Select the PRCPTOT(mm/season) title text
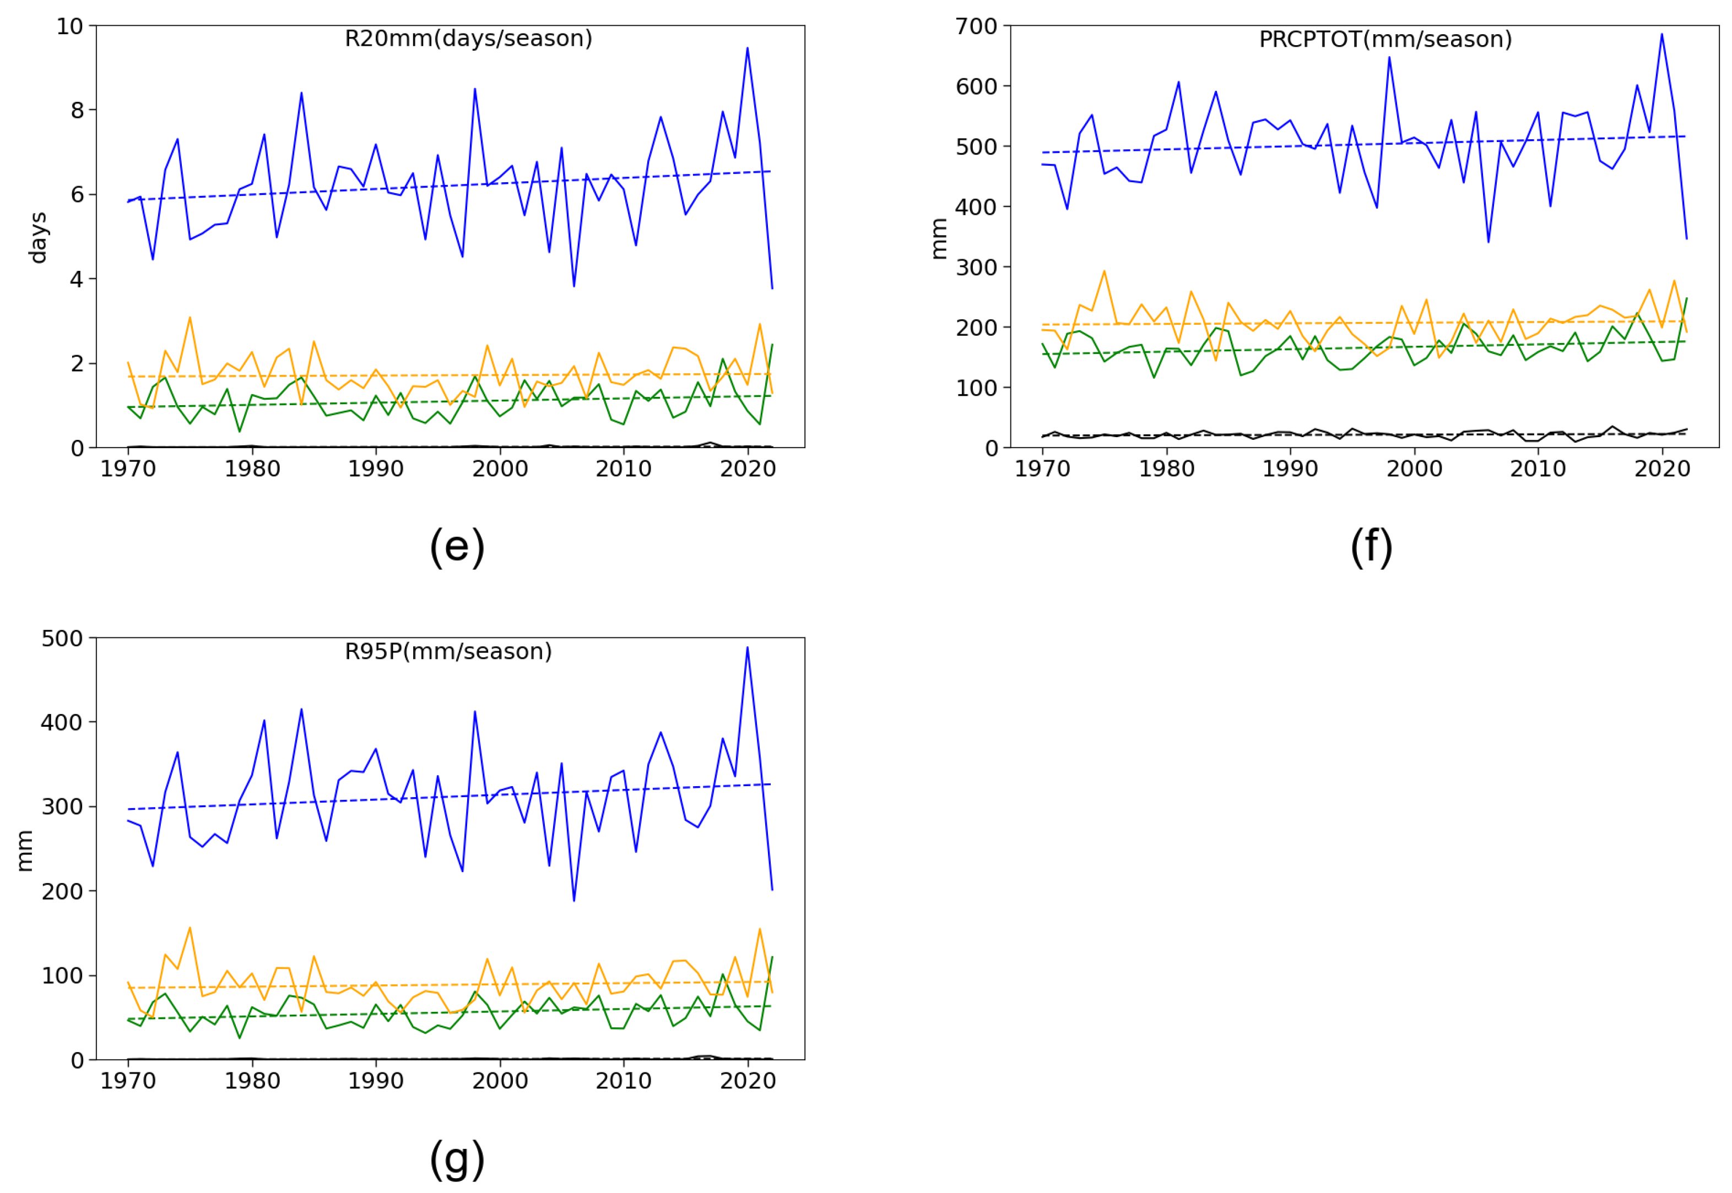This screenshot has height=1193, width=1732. click(x=1384, y=39)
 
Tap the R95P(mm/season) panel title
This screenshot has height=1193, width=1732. click(x=448, y=651)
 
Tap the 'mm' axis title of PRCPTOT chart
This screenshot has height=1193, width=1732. click(x=939, y=238)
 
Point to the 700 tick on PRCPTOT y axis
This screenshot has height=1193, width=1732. click(x=976, y=26)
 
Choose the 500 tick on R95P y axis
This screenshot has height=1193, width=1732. click(x=62, y=639)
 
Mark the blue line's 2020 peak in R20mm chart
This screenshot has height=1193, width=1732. click(x=747, y=48)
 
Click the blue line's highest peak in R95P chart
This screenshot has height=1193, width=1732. click(x=747, y=647)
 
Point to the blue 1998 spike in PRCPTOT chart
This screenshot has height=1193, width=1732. click(x=1389, y=58)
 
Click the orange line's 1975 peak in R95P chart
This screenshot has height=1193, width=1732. click(x=190, y=928)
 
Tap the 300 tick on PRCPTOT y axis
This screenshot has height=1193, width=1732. click(x=976, y=267)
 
